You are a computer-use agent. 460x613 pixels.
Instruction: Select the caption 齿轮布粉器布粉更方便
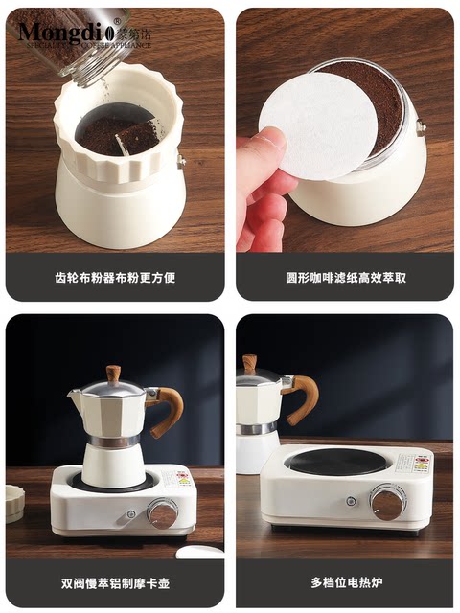tap(115, 279)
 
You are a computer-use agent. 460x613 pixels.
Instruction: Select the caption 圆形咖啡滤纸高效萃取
tap(345, 279)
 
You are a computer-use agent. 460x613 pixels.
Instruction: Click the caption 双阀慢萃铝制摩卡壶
tap(115, 581)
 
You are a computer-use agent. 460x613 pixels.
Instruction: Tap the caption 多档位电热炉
tap(345, 581)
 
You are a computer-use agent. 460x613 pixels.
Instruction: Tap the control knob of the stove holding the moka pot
tap(162, 514)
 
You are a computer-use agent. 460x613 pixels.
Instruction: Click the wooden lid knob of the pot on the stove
tap(113, 373)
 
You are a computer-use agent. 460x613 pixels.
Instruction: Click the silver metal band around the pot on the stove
tap(113, 442)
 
